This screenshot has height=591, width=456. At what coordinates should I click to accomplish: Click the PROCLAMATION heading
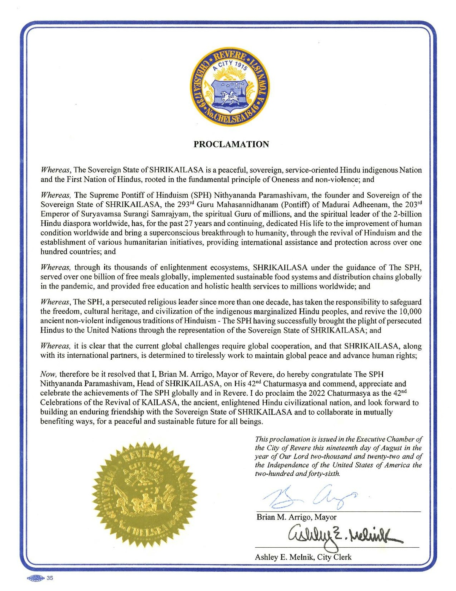pyautogui.click(x=231, y=144)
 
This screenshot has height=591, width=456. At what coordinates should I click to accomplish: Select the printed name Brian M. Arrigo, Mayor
pyautogui.click(x=296, y=517)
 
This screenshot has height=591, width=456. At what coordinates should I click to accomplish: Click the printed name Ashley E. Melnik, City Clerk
pyautogui.click(x=303, y=557)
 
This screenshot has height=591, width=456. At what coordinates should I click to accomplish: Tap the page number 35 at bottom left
pyautogui.click(x=50, y=578)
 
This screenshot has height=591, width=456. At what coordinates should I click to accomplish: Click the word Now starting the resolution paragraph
pyautogui.click(x=48, y=374)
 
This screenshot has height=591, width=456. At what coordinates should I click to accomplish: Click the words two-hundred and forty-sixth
pyautogui.click(x=297, y=474)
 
